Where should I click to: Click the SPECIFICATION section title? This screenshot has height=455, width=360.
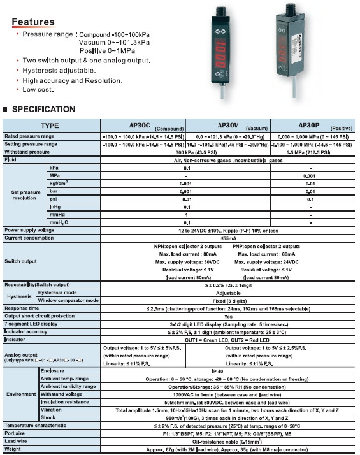click(x=43, y=109)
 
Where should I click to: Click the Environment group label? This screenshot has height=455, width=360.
click(x=20, y=394)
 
